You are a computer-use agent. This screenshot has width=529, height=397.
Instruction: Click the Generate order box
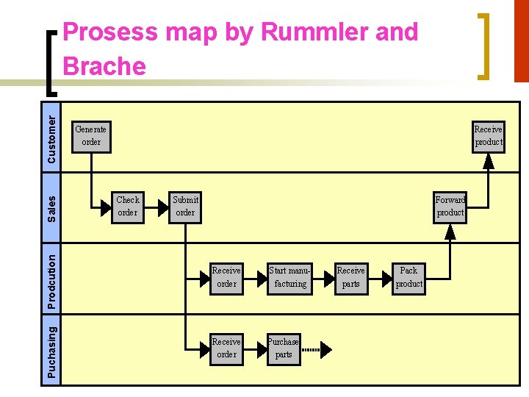click(x=91, y=135)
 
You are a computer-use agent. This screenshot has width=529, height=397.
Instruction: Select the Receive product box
click(x=489, y=135)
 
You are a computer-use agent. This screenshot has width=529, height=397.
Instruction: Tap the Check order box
click(x=128, y=206)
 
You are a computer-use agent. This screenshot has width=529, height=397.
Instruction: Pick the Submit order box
click(x=185, y=206)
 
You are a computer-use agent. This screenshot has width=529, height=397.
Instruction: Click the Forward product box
click(x=450, y=206)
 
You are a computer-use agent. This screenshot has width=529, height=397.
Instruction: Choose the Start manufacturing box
click(x=290, y=277)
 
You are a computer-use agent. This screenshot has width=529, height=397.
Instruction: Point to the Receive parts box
click(x=350, y=277)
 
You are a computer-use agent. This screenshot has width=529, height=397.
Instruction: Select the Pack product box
click(x=409, y=277)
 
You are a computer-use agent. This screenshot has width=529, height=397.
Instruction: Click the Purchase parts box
click(x=283, y=348)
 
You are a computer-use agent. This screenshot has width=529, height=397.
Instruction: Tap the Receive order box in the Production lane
click(x=226, y=277)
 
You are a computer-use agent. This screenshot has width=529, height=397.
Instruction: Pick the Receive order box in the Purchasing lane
click(x=226, y=348)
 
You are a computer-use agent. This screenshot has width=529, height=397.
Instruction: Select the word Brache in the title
click(x=104, y=66)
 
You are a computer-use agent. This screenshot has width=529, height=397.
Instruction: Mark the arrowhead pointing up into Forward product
click(x=450, y=232)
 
